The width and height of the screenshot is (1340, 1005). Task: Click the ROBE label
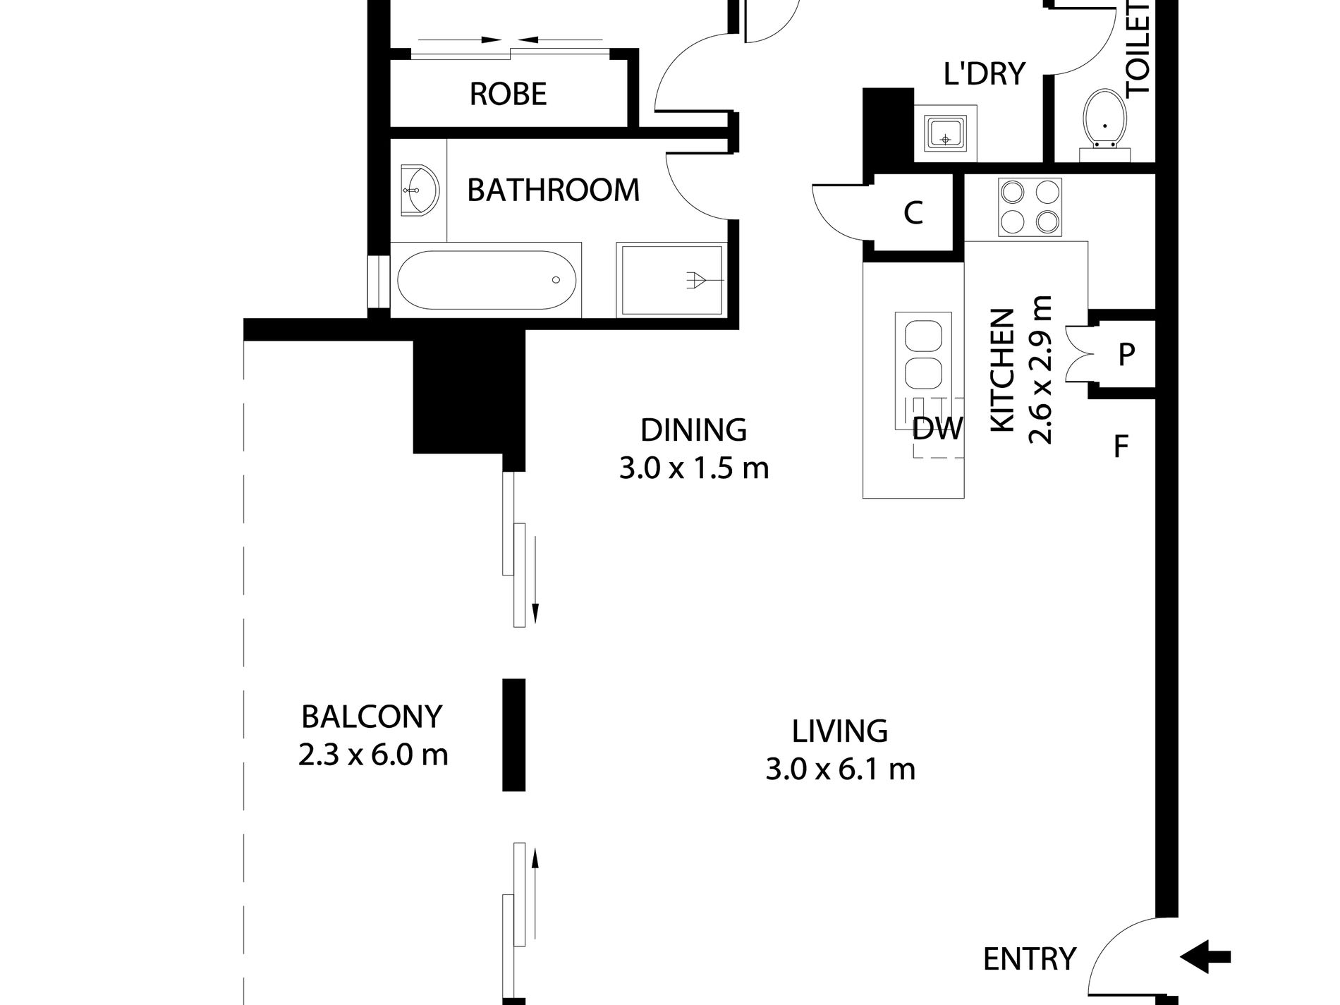click(508, 94)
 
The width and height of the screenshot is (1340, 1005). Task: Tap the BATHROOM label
click(553, 190)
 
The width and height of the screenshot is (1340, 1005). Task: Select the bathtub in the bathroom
click(487, 280)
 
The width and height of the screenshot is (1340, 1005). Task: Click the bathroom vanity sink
click(419, 190)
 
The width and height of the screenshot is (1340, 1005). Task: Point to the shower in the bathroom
click(670, 280)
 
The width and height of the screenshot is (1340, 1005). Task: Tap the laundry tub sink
click(945, 133)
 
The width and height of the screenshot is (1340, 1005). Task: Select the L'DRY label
click(984, 73)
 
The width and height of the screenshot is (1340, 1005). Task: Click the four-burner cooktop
click(1030, 207)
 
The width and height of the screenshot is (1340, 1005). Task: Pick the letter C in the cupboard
click(913, 212)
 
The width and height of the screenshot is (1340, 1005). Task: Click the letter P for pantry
click(1126, 355)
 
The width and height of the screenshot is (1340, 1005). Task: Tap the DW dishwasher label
click(937, 428)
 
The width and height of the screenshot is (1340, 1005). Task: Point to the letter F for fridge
click(1121, 446)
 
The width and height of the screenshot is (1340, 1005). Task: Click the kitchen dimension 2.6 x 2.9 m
click(1040, 370)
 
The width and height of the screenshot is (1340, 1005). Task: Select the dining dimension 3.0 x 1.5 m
click(694, 468)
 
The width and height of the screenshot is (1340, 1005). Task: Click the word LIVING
click(839, 731)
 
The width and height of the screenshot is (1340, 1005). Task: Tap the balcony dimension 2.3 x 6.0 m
click(373, 755)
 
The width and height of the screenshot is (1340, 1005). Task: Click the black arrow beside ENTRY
click(1205, 957)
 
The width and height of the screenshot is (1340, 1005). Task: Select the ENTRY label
click(1030, 959)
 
